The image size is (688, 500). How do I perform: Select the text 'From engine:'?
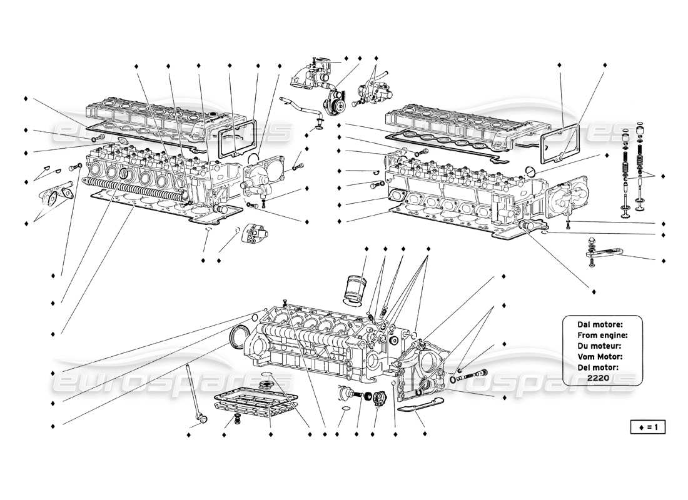point(599,334)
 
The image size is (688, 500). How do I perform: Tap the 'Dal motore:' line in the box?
point(599,324)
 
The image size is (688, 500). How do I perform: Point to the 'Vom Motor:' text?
point(599,356)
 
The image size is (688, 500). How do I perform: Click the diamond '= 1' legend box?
point(647,427)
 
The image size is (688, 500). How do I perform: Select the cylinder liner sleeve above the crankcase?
point(355,289)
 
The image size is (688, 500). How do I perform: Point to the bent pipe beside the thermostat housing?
point(299,106)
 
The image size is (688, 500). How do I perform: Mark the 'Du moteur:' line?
point(599,345)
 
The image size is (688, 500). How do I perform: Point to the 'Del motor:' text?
point(599,367)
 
